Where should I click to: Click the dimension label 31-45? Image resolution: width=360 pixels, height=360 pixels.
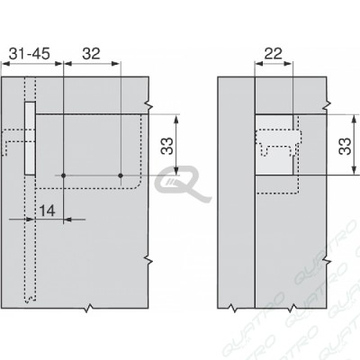coord(30,54)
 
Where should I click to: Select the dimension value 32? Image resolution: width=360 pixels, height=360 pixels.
coord(91,54)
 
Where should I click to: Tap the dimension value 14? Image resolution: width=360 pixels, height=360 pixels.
coord(48,211)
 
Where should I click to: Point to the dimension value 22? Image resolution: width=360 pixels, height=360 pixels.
coord(274,54)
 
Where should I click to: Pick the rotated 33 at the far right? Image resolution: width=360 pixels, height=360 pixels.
coord(345,146)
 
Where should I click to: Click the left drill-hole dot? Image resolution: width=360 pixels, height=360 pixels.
coord(63,175)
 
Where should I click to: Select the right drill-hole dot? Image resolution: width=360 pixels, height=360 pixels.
coord(121,175)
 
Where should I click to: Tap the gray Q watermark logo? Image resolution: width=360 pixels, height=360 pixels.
coord(183,184)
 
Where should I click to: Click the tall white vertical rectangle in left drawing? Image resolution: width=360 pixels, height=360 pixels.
coord(30,138)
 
